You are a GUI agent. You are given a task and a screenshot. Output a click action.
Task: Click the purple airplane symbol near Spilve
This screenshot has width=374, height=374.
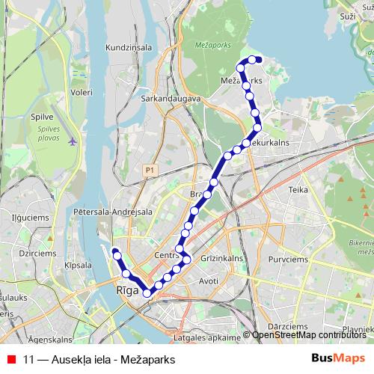(72, 141)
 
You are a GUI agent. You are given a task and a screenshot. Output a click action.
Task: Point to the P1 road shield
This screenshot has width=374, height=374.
(150, 171)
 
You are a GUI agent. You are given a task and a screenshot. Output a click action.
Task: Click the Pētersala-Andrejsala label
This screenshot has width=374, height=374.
(112, 212)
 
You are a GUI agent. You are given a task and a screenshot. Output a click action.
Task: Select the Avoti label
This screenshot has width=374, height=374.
(209, 280)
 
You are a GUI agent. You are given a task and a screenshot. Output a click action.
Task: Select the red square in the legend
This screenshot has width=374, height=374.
(10, 359)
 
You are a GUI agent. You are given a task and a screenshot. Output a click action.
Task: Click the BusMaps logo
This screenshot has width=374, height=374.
(338, 358)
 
